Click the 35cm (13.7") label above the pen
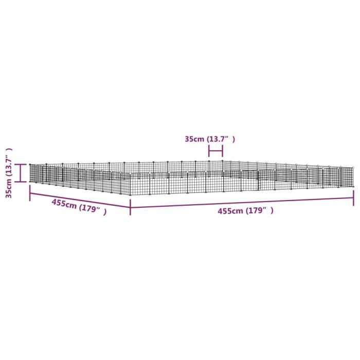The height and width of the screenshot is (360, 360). tap(210, 139)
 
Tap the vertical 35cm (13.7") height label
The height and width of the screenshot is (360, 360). tap(9, 173)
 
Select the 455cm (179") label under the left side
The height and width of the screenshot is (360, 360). tap(79, 207)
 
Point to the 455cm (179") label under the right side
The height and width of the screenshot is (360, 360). tap(245, 211)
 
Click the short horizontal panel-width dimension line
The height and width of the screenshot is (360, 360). tap(215, 151)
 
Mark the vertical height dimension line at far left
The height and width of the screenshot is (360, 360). tap(20, 173)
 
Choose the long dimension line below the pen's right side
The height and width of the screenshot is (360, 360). tap(242, 203)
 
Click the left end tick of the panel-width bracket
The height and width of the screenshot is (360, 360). tap(209, 151)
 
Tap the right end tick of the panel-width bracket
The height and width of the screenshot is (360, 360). tap(223, 151)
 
